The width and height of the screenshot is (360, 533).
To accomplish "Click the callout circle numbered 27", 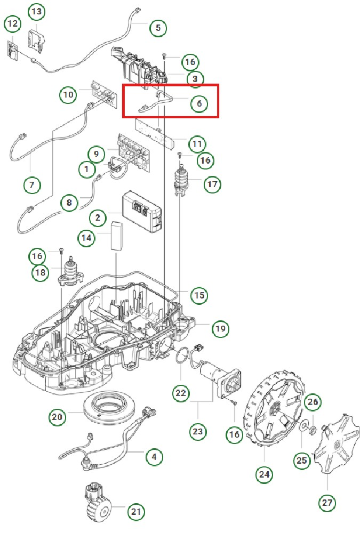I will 327,502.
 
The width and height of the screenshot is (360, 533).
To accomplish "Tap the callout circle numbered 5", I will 157,28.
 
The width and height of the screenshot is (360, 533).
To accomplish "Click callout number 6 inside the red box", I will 199,103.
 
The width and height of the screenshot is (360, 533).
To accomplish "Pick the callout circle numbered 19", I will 220,329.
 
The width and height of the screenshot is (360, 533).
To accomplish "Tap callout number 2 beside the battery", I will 98,217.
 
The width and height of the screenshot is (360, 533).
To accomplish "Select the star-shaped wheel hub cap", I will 333,442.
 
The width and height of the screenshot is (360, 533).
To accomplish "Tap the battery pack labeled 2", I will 142,212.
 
